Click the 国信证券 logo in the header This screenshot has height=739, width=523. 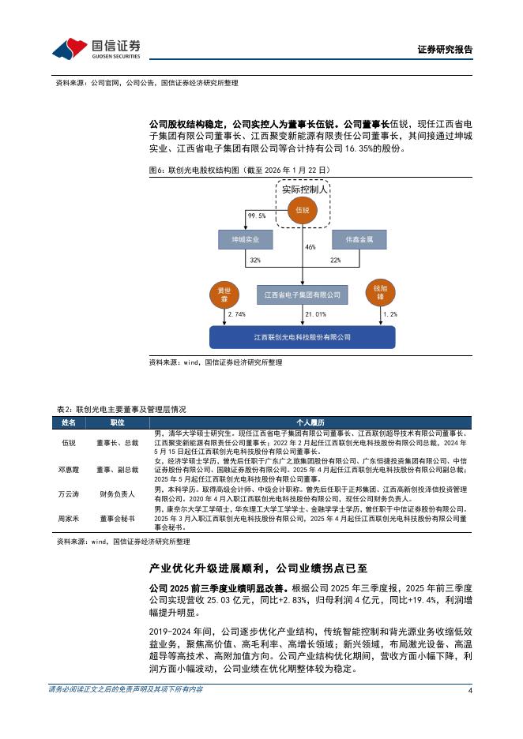pyautogui.click(x=96, y=49)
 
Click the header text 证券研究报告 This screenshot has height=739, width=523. pyautogui.click(x=445, y=50)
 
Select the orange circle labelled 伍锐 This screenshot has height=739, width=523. pyautogui.click(x=302, y=210)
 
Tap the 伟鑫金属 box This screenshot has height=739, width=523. pyautogui.click(x=359, y=238)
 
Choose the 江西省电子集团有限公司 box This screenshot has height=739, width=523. pyautogui.click(x=302, y=294)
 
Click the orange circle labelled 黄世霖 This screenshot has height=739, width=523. pyautogui.click(x=223, y=294)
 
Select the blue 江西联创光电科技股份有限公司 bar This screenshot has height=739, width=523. pyautogui.click(x=302, y=337)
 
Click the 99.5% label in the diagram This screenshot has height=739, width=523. pyautogui.click(x=256, y=216)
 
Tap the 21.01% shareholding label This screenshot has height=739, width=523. pyautogui.click(x=315, y=314)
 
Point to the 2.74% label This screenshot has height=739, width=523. pyautogui.click(x=236, y=314)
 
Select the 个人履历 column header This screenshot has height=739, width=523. pyautogui.click(x=310, y=422)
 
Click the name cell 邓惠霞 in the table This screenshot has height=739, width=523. pyautogui.click(x=69, y=468)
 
